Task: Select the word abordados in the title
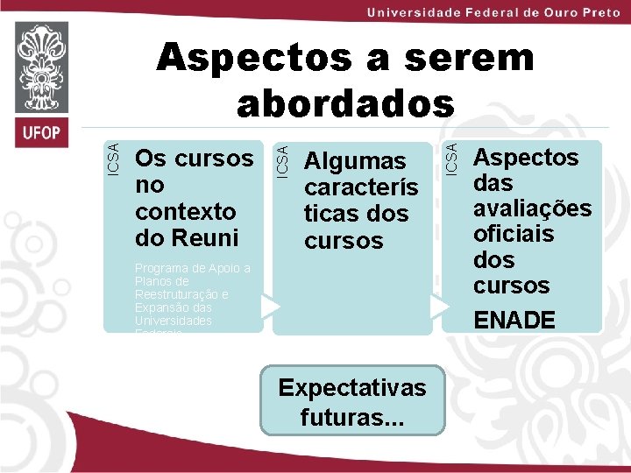click(x=346, y=103)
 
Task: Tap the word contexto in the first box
click(x=186, y=211)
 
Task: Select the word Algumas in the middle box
click(x=355, y=161)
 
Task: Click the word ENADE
click(x=514, y=321)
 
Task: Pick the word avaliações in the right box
click(x=532, y=208)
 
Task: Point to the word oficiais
click(x=514, y=234)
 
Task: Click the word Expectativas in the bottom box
click(x=351, y=388)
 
